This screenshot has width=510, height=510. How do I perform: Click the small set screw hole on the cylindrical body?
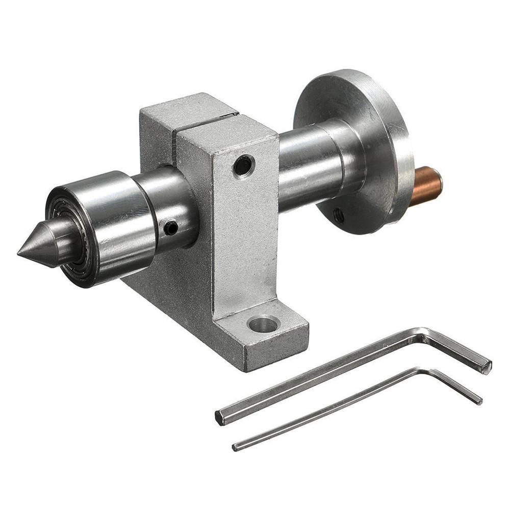(x=171, y=227)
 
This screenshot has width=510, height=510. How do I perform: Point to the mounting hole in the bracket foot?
(x=264, y=323)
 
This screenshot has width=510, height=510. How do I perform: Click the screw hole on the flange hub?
(x=338, y=216)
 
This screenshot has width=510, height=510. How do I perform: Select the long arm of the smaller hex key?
(x=326, y=408)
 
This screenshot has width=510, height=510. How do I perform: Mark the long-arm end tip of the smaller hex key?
(x=235, y=447)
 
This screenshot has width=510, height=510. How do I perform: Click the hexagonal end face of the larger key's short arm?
(x=488, y=365)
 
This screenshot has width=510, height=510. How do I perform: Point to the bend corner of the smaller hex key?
(x=423, y=371)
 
